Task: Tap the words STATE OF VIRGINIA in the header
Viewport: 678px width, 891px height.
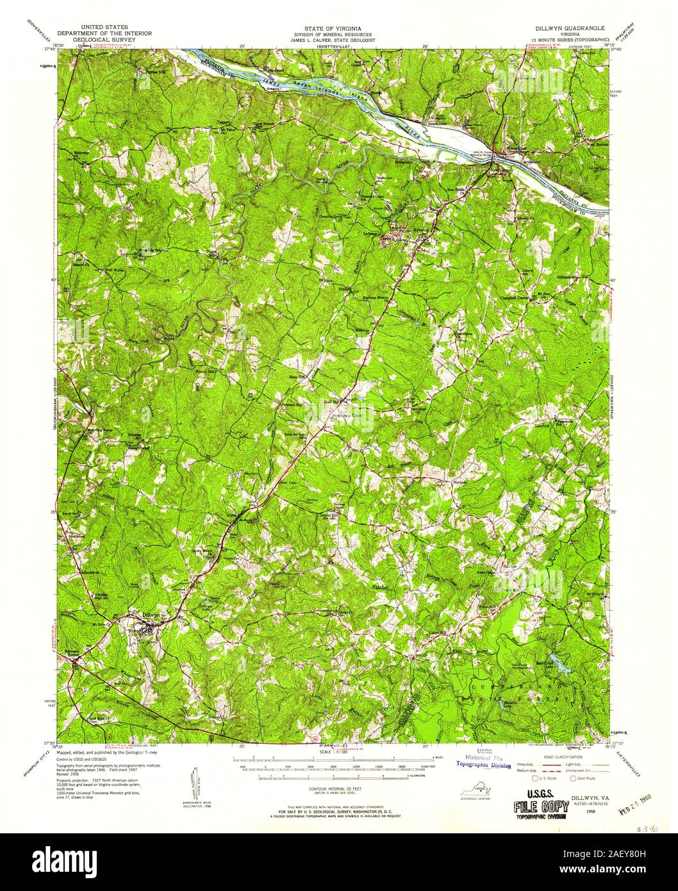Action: pos(331,29)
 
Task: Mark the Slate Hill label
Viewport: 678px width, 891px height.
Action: pos(298,377)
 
